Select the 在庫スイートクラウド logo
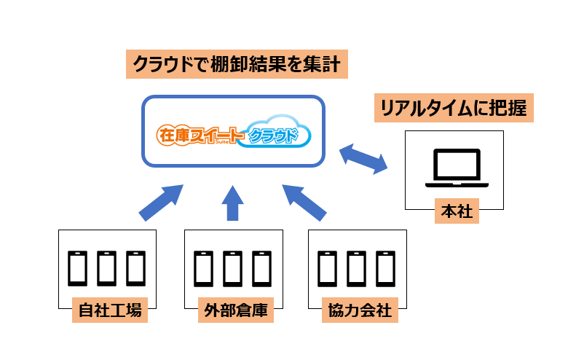point(233,135)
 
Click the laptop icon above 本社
point(455,167)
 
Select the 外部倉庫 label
point(233,311)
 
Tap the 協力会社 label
point(357,311)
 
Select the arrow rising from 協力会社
point(305,202)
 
